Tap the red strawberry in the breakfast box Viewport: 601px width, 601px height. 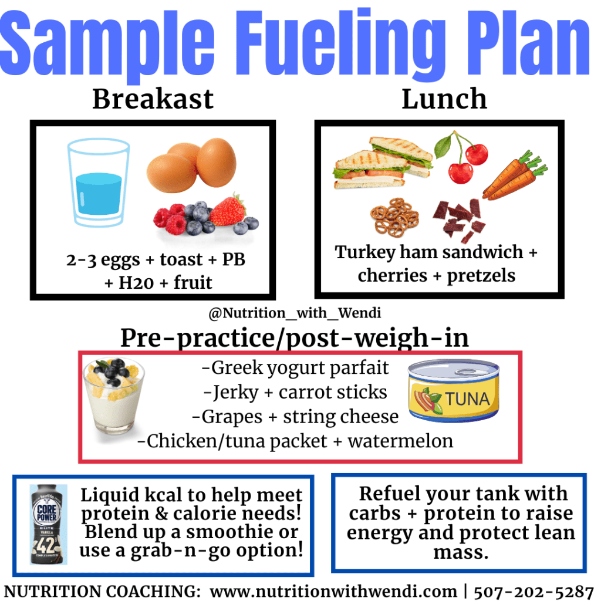pyautogui.click(x=228, y=210)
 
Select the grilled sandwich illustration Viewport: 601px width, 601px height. pyautogui.click(x=381, y=163)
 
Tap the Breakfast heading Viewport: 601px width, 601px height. pyautogui.click(x=153, y=99)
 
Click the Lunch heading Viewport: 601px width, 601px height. pyautogui.click(x=444, y=99)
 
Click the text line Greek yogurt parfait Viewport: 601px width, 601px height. pyautogui.click(x=295, y=368)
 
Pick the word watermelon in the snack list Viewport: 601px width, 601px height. pyautogui.click(x=400, y=441)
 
